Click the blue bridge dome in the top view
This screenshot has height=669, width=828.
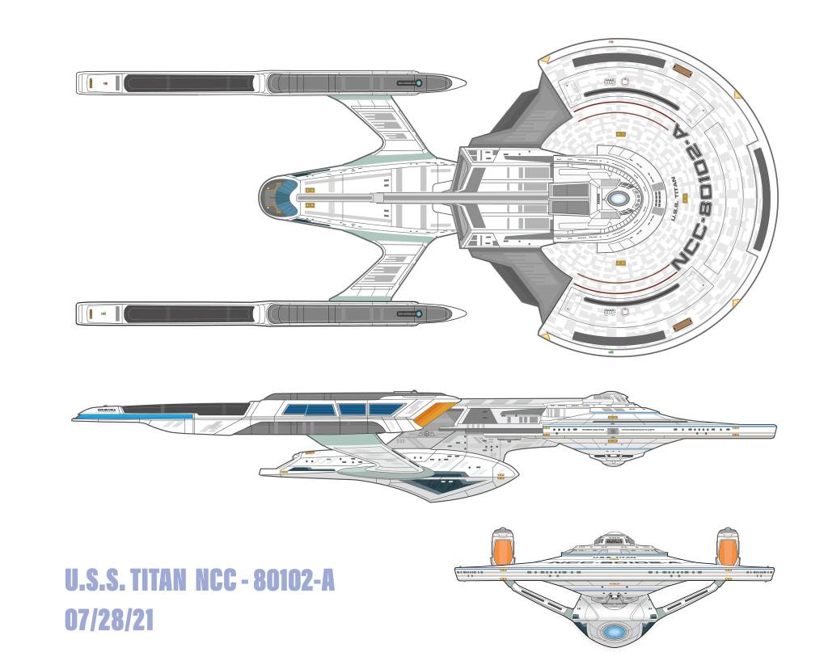618,196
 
